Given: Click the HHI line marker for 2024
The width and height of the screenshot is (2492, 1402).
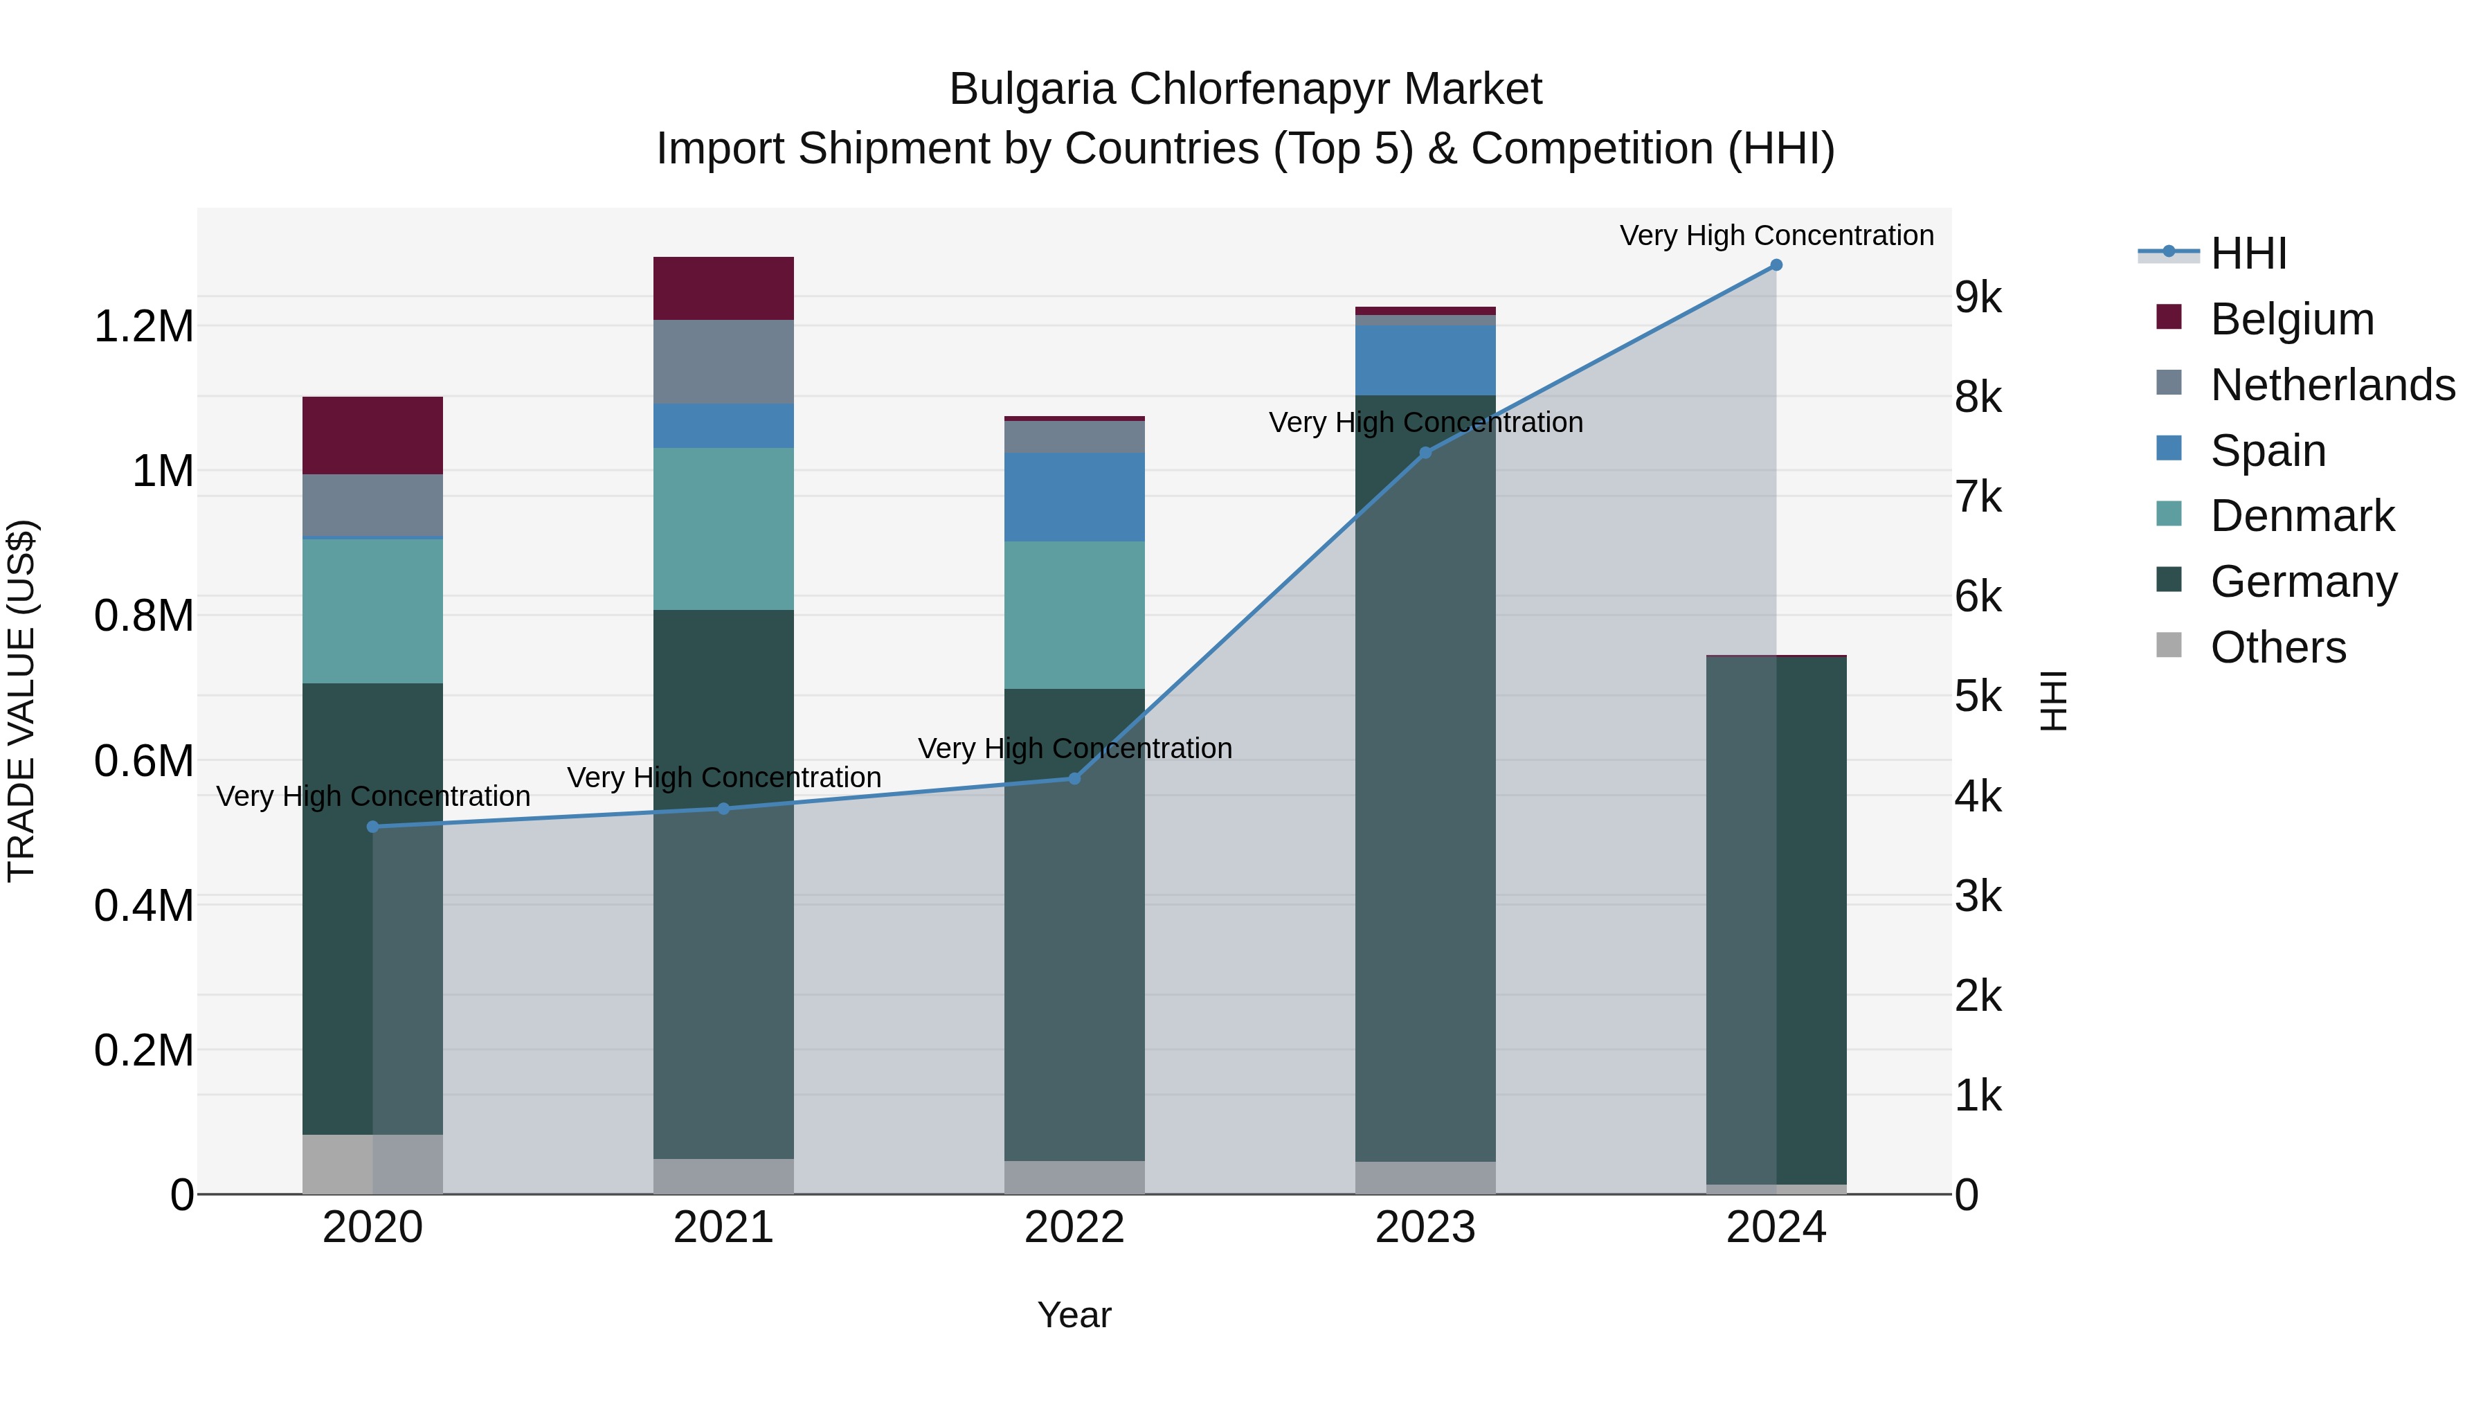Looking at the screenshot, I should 1776,265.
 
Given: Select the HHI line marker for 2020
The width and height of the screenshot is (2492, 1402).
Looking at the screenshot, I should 372,826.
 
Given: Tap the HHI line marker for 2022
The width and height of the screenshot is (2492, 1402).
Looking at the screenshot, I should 1074,778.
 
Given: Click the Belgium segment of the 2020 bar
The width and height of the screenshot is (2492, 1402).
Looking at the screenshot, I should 372,435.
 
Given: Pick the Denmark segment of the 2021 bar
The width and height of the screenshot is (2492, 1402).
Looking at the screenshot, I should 723,528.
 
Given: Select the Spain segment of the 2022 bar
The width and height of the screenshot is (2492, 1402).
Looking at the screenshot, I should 1074,496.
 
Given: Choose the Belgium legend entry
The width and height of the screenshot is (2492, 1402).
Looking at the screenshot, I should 2292,319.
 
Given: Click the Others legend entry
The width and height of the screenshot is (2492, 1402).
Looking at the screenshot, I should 2277,647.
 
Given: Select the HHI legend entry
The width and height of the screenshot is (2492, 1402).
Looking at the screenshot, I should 2248,253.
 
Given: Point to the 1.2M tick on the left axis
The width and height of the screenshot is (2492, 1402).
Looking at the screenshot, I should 143,327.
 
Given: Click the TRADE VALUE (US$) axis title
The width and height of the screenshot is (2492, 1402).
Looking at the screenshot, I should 21,701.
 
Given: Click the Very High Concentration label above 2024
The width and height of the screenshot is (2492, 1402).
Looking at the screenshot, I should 1776,235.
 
